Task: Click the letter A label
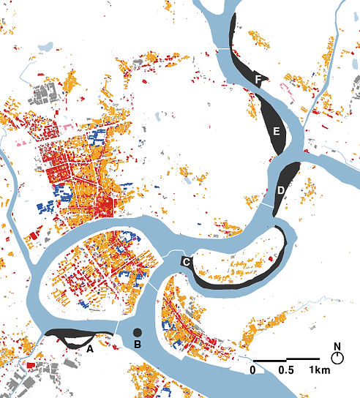(90, 350)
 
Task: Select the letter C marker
(186, 261)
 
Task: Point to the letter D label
(282, 191)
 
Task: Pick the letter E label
(276, 132)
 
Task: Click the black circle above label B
(136, 334)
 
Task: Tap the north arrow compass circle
(337, 358)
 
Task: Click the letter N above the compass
(337, 346)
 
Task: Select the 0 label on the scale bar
(252, 370)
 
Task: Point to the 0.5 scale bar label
(285, 370)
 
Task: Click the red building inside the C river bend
(271, 258)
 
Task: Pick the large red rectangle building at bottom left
(30, 365)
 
